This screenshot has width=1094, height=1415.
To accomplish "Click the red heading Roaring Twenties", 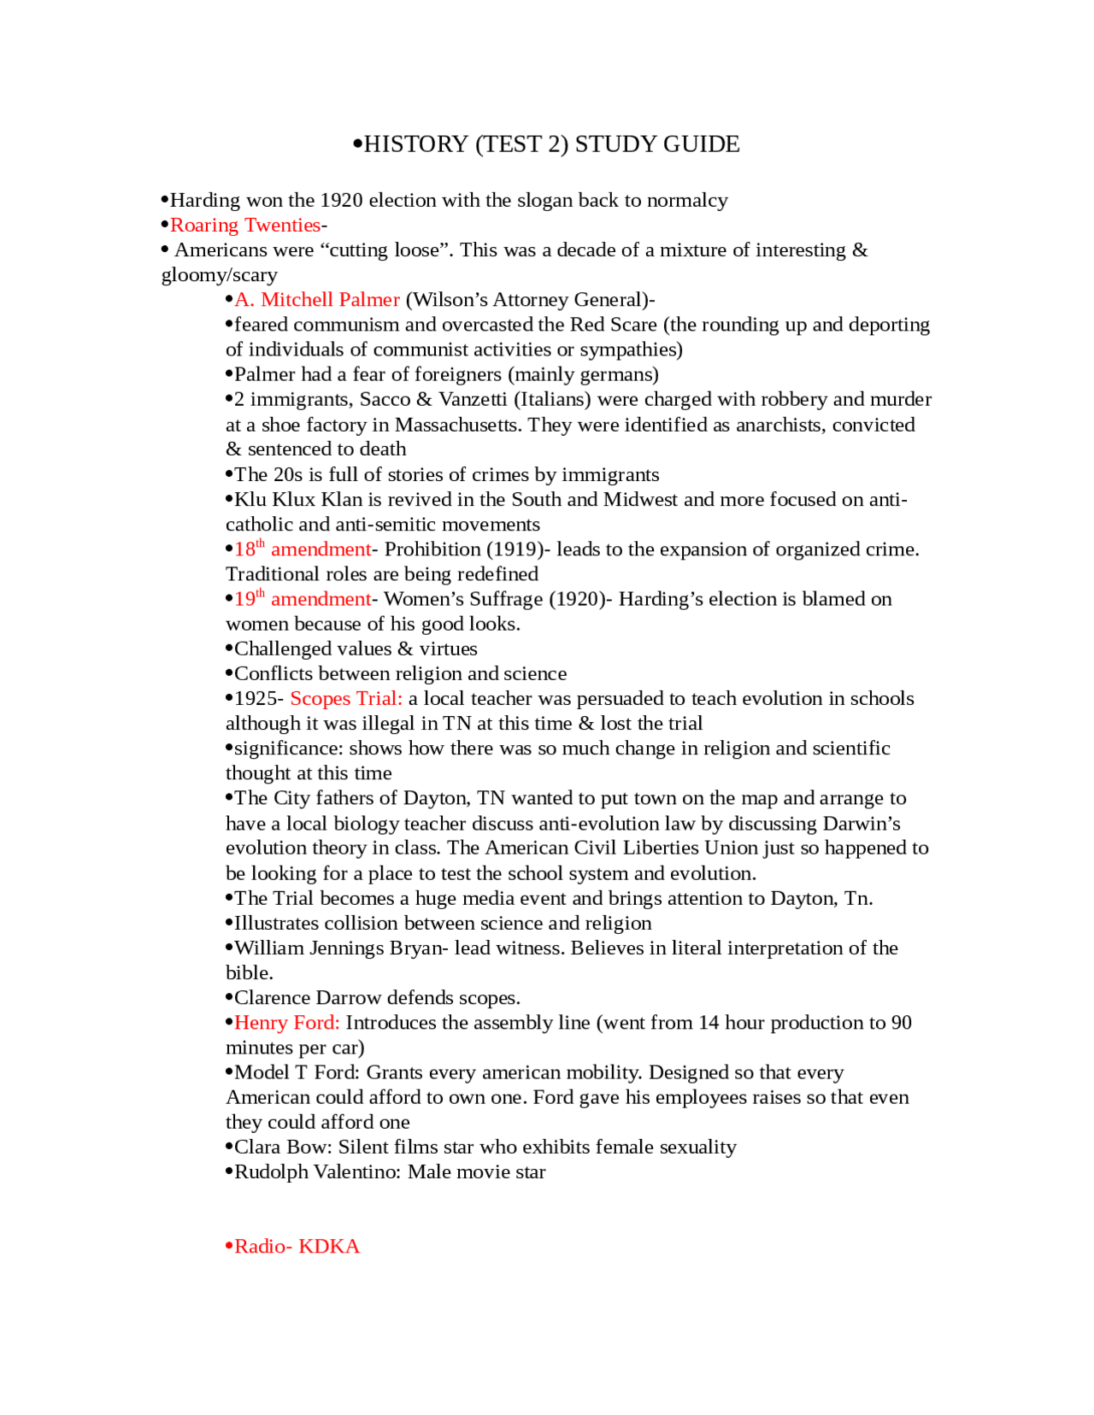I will point(244,226).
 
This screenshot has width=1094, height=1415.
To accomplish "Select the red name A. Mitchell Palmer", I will point(317,300).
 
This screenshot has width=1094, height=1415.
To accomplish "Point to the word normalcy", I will point(687,201).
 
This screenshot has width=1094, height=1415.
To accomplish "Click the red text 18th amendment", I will point(303,549).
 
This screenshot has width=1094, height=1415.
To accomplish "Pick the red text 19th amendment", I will point(303,599).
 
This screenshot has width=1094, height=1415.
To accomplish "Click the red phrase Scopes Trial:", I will point(346,699).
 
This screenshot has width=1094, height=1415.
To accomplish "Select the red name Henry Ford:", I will point(287,1023).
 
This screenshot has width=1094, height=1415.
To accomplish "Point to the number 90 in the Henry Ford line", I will point(900,1023).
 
